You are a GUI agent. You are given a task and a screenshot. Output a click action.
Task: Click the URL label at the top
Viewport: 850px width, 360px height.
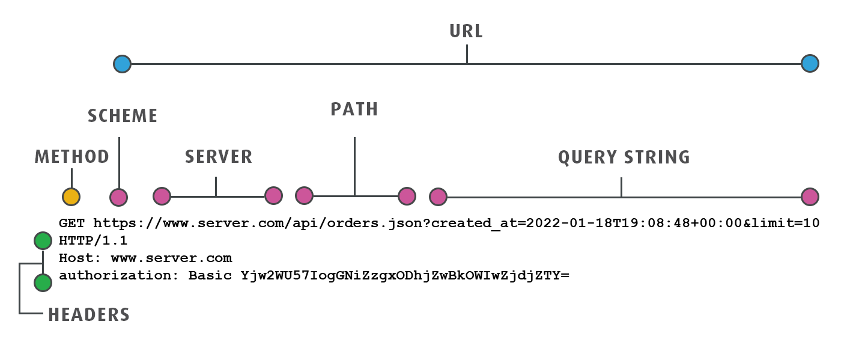pos(466,31)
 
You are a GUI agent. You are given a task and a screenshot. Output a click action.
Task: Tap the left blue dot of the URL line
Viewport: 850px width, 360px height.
pos(122,64)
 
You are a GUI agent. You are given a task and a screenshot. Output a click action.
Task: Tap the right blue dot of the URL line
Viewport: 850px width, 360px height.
pos(810,64)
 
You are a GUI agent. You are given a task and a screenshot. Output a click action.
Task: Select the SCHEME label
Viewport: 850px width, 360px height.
pos(123,116)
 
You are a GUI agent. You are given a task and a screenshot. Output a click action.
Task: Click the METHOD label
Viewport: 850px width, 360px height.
pos(72,157)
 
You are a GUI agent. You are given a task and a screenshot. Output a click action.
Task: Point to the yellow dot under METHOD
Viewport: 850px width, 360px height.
pos(71,197)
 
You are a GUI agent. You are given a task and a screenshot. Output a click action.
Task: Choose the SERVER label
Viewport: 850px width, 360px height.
pos(219,157)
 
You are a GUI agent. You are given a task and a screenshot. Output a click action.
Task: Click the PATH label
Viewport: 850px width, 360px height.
pos(354,109)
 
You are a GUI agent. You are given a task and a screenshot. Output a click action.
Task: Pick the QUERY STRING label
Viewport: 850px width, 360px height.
pos(624,157)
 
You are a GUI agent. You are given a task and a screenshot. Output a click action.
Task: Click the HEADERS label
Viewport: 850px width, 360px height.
pos(89,314)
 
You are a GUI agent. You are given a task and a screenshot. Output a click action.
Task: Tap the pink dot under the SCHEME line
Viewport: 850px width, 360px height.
pos(119,197)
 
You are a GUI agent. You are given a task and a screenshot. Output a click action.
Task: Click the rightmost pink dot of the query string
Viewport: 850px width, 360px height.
pos(810,197)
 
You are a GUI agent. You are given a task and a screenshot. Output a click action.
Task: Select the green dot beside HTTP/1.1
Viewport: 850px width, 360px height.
pos(43,241)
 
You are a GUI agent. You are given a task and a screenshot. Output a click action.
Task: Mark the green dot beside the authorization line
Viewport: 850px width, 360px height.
pos(43,282)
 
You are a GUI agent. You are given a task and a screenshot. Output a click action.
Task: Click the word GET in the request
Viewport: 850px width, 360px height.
pos(72,224)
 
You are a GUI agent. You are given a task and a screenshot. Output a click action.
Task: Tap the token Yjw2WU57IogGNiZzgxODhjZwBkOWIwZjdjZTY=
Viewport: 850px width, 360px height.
pos(404,276)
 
